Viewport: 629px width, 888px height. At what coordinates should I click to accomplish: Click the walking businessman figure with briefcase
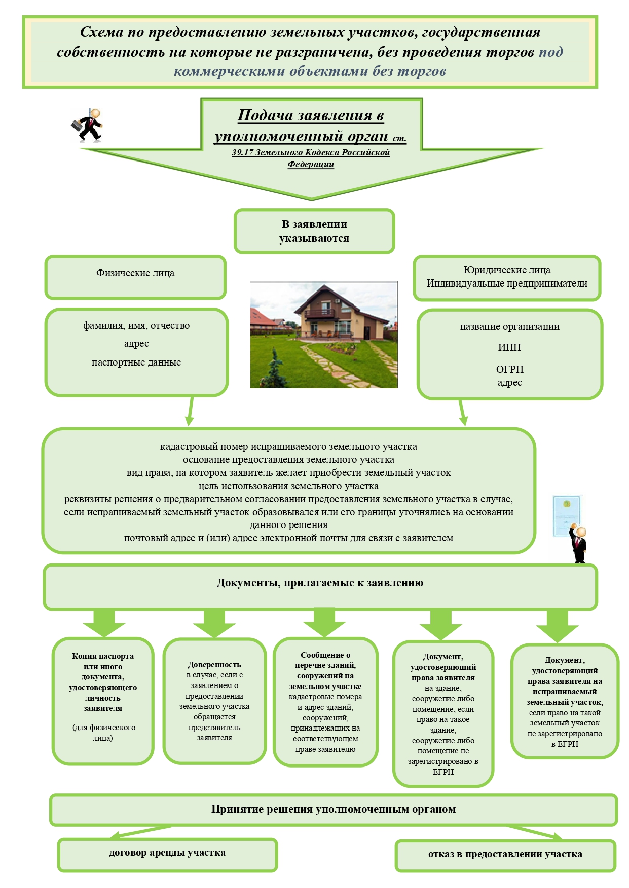click(87, 125)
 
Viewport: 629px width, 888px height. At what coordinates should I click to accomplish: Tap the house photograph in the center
click(324, 335)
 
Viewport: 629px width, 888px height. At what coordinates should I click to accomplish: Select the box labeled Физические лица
click(135, 276)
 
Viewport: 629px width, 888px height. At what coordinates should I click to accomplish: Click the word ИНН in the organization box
click(509, 347)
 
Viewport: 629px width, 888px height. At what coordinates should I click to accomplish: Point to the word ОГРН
click(509, 369)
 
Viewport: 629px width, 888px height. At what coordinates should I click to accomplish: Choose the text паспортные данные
click(136, 362)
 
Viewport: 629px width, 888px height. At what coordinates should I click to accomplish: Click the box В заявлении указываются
click(314, 231)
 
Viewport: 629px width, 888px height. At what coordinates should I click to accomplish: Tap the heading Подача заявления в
click(311, 115)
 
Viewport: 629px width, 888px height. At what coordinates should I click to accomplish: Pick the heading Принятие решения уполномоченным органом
click(334, 809)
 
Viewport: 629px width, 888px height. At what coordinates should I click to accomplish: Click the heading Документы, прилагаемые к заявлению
click(320, 583)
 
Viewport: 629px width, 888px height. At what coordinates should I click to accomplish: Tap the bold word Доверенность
click(214, 664)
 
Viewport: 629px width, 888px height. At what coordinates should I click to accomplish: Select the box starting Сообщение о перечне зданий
click(325, 702)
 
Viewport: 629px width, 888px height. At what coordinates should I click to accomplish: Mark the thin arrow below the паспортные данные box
click(190, 411)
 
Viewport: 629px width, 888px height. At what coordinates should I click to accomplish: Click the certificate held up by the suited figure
click(567, 515)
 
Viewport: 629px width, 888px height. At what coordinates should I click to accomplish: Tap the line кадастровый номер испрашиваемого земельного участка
click(288, 447)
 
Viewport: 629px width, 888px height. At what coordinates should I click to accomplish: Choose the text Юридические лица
click(507, 270)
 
